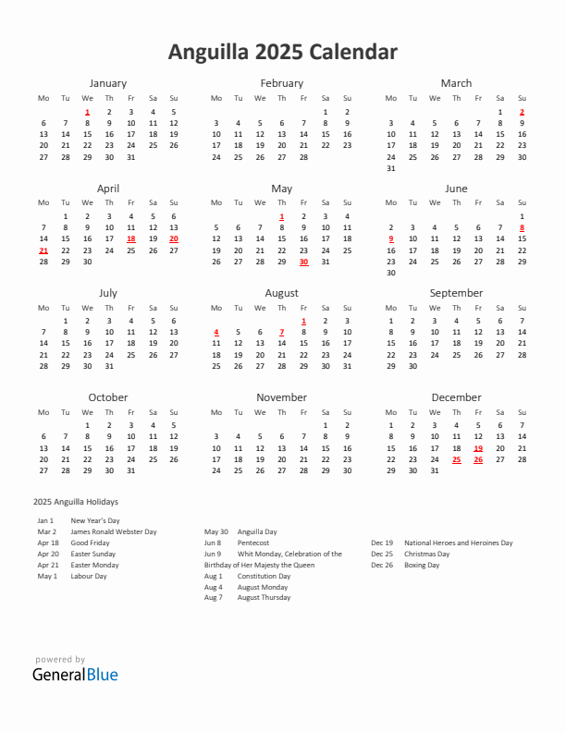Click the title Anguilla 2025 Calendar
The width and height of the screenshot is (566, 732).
(283, 52)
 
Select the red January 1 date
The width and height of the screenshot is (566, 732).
(87, 111)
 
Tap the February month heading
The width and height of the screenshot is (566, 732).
(282, 83)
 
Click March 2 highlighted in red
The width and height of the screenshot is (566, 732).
(522, 111)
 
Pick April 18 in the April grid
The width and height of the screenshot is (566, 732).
(130, 238)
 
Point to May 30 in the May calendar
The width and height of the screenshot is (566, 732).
(303, 262)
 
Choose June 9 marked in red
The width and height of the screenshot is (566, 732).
(390, 238)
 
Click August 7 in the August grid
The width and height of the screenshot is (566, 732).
(282, 333)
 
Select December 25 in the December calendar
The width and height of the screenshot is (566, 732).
(456, 459)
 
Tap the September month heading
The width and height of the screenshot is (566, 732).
(456, 293)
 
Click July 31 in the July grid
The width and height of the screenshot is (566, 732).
(109, 366)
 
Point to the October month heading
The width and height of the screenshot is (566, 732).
(108, 397)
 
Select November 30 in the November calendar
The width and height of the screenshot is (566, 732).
(347, 470)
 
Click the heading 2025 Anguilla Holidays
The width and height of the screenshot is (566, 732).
(75, 501)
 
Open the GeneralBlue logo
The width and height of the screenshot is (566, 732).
(76, 674)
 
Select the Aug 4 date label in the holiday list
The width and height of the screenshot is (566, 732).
(214, 587)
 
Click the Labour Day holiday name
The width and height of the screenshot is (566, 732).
(89, 576)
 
